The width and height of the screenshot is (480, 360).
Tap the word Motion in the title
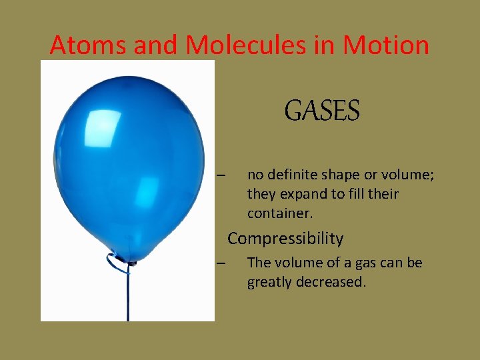pos(386,45)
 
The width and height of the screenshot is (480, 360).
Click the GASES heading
pos(322,111)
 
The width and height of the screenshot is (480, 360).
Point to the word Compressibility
pos(285,239)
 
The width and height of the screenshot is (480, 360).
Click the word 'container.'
pos(280,213)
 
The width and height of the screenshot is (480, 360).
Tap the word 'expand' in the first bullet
pos(300,194)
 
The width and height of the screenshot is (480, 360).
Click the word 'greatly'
pos(269,282)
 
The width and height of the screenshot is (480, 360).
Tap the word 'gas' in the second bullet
pos(369,263)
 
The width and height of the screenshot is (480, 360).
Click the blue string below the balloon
pos(128,300)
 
